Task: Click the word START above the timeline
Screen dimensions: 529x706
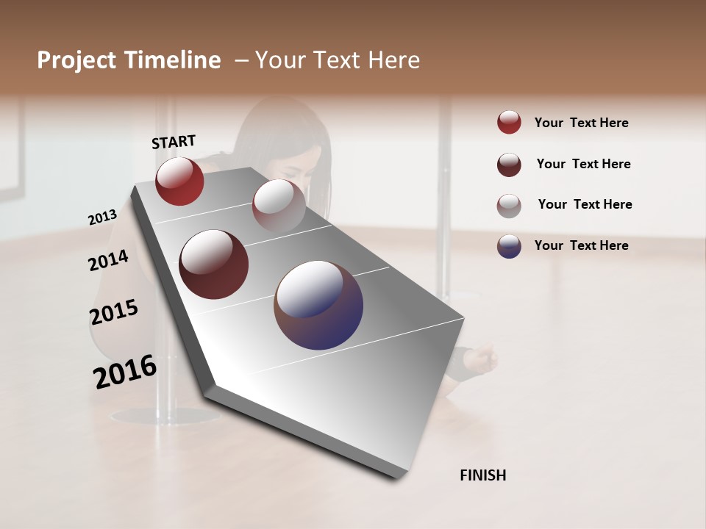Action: pos(174,141)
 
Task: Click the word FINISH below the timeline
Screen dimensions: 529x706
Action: pos(482,475)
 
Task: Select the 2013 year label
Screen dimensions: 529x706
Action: pos(102,217)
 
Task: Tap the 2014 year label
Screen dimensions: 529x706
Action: pos(108,261)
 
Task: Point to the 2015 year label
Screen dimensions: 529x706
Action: pos(114,312)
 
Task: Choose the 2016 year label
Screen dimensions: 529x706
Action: pos(125,371)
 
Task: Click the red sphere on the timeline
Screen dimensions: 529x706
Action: pos(179,181)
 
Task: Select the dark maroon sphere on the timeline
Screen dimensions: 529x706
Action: pos(214,264)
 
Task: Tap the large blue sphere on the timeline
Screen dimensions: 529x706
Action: pos(318,305)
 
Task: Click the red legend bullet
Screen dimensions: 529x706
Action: pos(509,123)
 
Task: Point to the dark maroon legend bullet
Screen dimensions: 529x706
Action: pos(509,165)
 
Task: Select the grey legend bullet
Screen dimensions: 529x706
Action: pos(509,205)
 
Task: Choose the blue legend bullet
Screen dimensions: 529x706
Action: pos(509,245)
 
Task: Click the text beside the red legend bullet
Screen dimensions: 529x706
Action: pos(581,123)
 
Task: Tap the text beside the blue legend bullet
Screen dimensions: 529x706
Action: pos(581,245)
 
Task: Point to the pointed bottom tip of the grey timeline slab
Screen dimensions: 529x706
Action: pos(397,476)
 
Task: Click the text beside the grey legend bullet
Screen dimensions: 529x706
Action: pos(585,204)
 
